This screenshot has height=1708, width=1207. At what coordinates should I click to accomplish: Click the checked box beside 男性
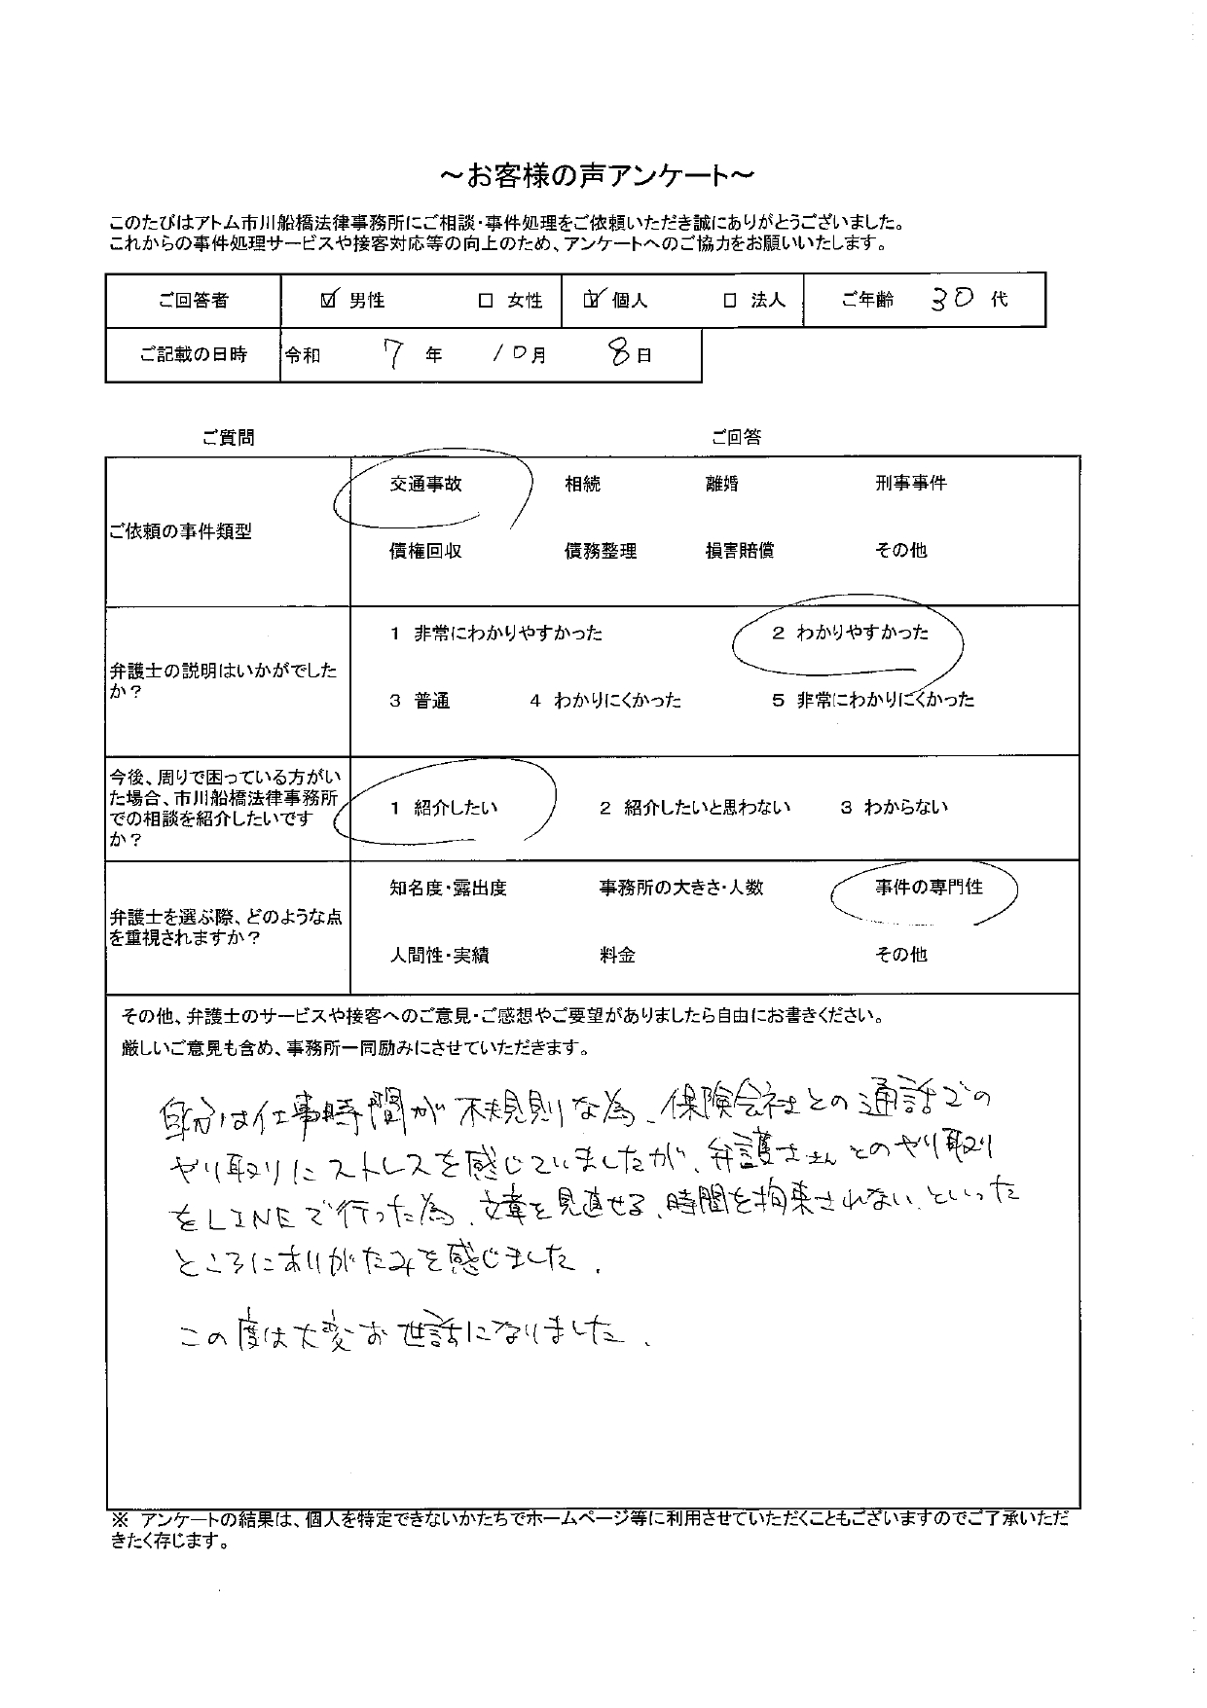point(329,300)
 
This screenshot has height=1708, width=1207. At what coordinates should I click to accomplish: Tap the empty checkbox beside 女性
point(486,301)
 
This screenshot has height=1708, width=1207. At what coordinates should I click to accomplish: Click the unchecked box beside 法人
point(730,301)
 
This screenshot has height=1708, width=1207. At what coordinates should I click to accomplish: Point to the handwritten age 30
point(951,299)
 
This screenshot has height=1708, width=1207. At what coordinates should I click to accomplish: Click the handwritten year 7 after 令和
point(392,355)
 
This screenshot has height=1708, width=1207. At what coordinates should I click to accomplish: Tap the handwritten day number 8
point(617,354)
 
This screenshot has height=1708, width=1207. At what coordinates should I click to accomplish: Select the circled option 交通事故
point(425,484)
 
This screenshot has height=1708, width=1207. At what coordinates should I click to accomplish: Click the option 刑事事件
point(910,484)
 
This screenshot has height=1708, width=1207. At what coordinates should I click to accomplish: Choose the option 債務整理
point(601,551)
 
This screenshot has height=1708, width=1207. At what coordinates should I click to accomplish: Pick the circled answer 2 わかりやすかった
point(850,634)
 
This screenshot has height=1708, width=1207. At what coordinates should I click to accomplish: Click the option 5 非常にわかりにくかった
point(872,700)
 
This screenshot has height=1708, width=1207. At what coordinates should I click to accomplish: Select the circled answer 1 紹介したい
point(444,808)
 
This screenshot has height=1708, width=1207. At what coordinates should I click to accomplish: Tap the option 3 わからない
point(894,808)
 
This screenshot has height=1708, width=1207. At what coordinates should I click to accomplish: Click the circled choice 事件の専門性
point(928,888)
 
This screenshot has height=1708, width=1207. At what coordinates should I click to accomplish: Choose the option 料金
point(617,956)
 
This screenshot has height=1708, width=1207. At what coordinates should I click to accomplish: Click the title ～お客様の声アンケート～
point(597,176)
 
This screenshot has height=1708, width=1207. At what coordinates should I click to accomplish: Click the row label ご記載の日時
point(193,355)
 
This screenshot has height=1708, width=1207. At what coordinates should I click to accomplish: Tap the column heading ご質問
point(228,438)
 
